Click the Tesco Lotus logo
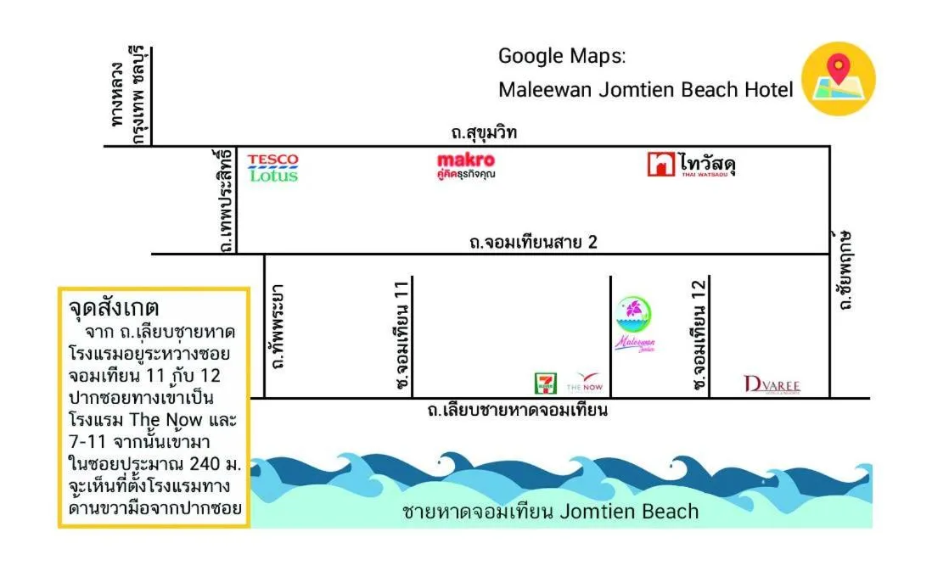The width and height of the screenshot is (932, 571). click(x=272, y=167)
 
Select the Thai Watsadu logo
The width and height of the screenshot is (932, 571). click(x=691, y=165)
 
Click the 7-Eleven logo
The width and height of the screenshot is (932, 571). click(x=543, y=383)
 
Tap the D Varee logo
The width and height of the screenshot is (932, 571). click(x=772, y=384)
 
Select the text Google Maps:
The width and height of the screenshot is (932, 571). click(x=561, y=57)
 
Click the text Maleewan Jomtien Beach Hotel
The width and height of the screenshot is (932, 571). click(x=645, y=90)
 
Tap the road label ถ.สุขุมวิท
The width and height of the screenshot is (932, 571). click(x=484, y=132)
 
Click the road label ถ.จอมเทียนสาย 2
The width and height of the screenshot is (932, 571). click(x=533, y=243)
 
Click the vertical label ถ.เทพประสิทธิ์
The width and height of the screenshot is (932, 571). click(x=225, y=200)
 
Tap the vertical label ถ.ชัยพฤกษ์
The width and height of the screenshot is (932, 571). click(x=843, y=269)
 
